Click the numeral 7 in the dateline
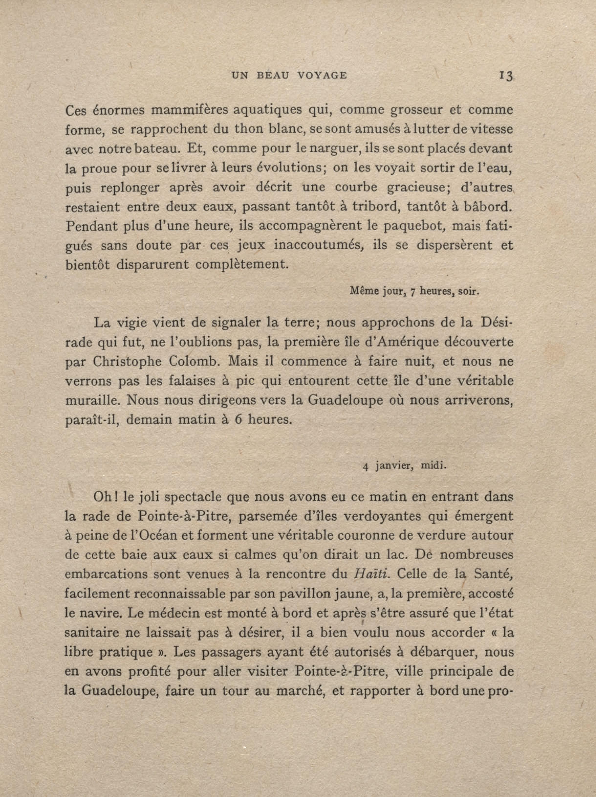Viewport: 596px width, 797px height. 413,292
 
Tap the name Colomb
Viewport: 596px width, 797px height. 195,362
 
